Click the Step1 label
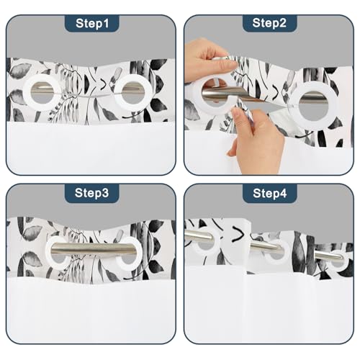pyautogui.click(x=92, y=23)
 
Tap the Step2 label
pyautogui.click(x=269, y=23)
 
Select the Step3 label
pyautogui.click(x=91, y=193)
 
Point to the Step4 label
pyautogui.click(x=270, y=193)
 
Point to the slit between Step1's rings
pyautogui.click(x=87, y=95)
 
